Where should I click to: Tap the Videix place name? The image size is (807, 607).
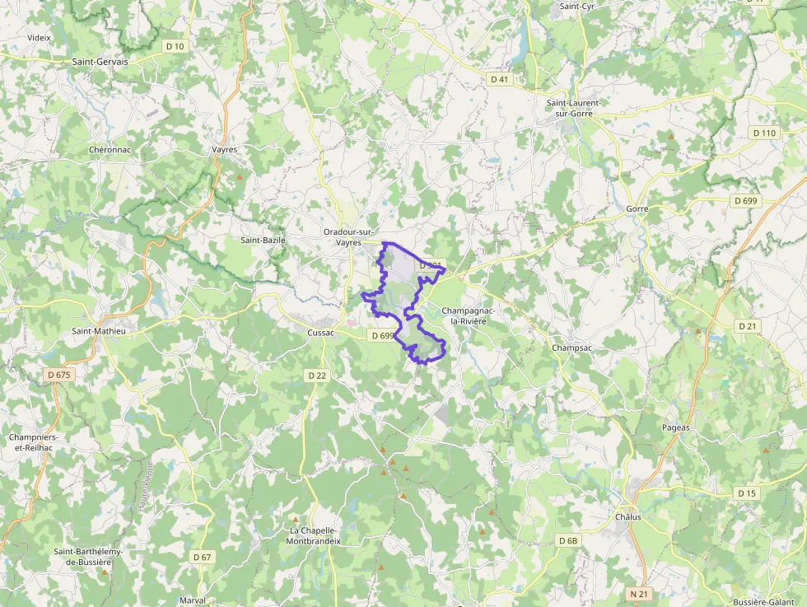(39, 38)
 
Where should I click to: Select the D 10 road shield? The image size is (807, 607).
(174, 46)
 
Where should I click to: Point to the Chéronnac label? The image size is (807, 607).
(110, 150)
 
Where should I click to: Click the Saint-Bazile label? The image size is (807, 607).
(263, 240)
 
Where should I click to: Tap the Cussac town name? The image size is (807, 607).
(320, 332)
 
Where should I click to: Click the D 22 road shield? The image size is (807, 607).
(317, 376)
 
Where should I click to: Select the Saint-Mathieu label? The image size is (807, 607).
(99, 331)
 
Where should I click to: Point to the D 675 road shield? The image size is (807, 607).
(60, 375)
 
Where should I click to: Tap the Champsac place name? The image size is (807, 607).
(572, 348)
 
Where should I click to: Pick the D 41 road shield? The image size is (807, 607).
(499, 80)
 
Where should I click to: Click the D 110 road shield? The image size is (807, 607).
(764, 133)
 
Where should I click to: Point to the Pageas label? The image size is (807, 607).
(676, 428)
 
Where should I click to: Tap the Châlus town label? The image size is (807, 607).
(627, 517)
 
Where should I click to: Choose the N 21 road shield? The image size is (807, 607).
(639, 593)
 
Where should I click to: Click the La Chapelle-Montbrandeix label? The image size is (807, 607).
(313, 535)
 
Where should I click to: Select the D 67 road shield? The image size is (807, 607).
(203, 558)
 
